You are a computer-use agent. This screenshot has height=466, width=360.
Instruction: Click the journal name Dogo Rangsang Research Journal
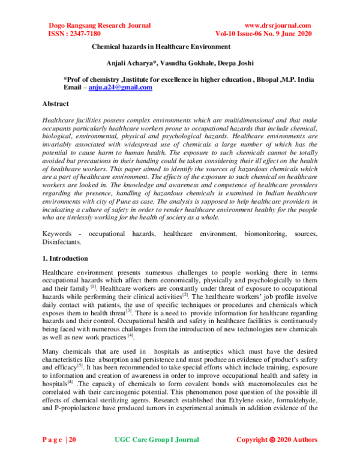pyautogui.click(x=99, y=25)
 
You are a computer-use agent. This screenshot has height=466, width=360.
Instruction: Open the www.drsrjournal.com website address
pyautogui.click(x=278, y=25)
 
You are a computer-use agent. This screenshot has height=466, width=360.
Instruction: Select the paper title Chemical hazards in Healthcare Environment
pyautogui.click(x=161, y=46)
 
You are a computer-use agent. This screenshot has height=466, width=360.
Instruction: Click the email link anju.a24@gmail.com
pyautogui.click(x=120, y=87)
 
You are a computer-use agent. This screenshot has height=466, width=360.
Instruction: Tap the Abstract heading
pyautogui.click(x=56, y=103)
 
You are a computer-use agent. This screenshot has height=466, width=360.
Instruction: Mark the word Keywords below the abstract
pyautogui.click(x=58, y=232)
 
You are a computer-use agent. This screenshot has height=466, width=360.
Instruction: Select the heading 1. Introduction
pyautogui.click(x=65, y=258)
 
